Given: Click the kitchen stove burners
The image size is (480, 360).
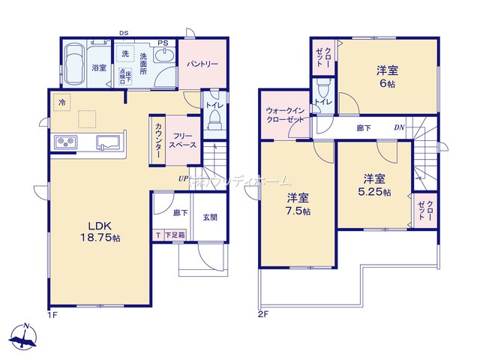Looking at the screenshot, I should pos(64,142).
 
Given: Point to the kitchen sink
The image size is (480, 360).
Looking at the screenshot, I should pos(107,142).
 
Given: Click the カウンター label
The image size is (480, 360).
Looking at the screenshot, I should pos(158,138).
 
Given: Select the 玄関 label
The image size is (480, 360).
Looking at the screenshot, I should pos(210,217).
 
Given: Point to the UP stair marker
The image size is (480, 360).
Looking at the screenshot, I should pos(183,178).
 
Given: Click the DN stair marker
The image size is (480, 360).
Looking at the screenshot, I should pos(400,128).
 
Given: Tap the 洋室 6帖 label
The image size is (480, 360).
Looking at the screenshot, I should pos(387,77).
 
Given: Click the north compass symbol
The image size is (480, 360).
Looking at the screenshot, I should pos(25,336).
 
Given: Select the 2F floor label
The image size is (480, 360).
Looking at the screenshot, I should pos(263,314).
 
